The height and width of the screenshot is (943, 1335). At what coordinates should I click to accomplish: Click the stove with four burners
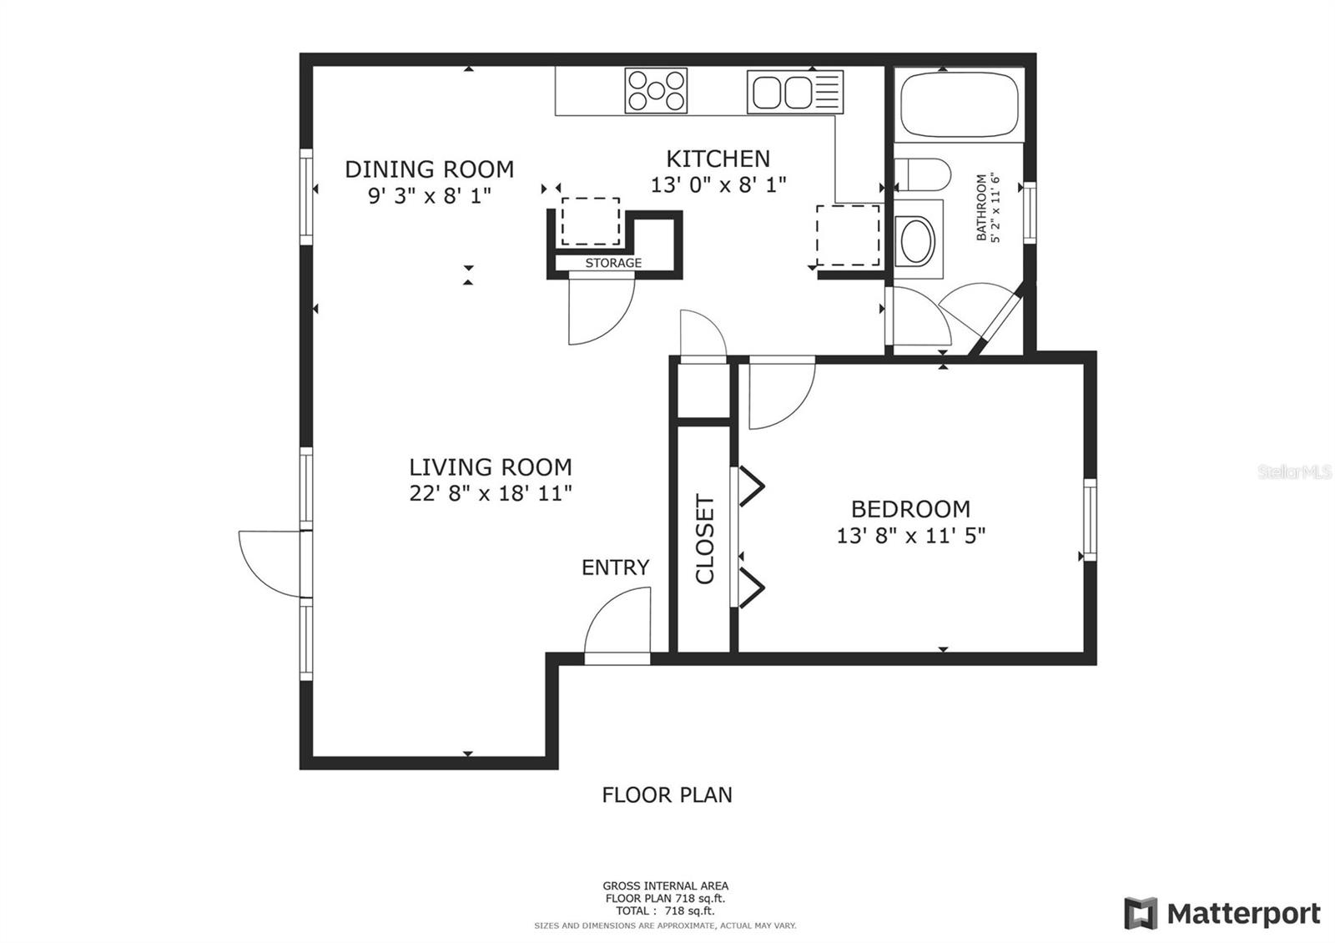(x=656, y=91)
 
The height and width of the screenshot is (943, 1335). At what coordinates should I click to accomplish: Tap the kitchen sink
(x=795, y=92)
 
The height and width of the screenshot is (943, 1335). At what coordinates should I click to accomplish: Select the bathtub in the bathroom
(x=959, y=105)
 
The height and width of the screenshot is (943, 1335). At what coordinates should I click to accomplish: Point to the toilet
(x=923, y=174)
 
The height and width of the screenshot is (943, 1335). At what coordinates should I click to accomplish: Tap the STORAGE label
(x=613, y=263)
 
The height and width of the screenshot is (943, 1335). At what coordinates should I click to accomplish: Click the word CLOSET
(x=704, y=539)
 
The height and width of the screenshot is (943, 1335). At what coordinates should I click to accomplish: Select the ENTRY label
(x=615, y=567)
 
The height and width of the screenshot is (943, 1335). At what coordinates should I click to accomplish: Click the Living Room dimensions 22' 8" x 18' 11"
(x=491, y=493)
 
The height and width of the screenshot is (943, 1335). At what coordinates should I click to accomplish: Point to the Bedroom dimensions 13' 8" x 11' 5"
(x=910, y=536)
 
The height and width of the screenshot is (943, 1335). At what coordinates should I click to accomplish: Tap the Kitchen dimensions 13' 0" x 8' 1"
(x=718, y=184)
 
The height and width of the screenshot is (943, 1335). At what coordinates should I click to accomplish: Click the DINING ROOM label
(x=429, y=169)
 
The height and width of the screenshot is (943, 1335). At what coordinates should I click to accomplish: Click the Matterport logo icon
(x=1141, y=913)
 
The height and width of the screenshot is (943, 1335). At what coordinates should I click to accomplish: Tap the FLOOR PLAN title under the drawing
(x=667, y=794)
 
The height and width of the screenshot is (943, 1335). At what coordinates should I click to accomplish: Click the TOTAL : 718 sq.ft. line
(x=665, y=910)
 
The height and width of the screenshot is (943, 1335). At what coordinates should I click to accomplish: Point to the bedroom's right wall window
(x=1090, y=520)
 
